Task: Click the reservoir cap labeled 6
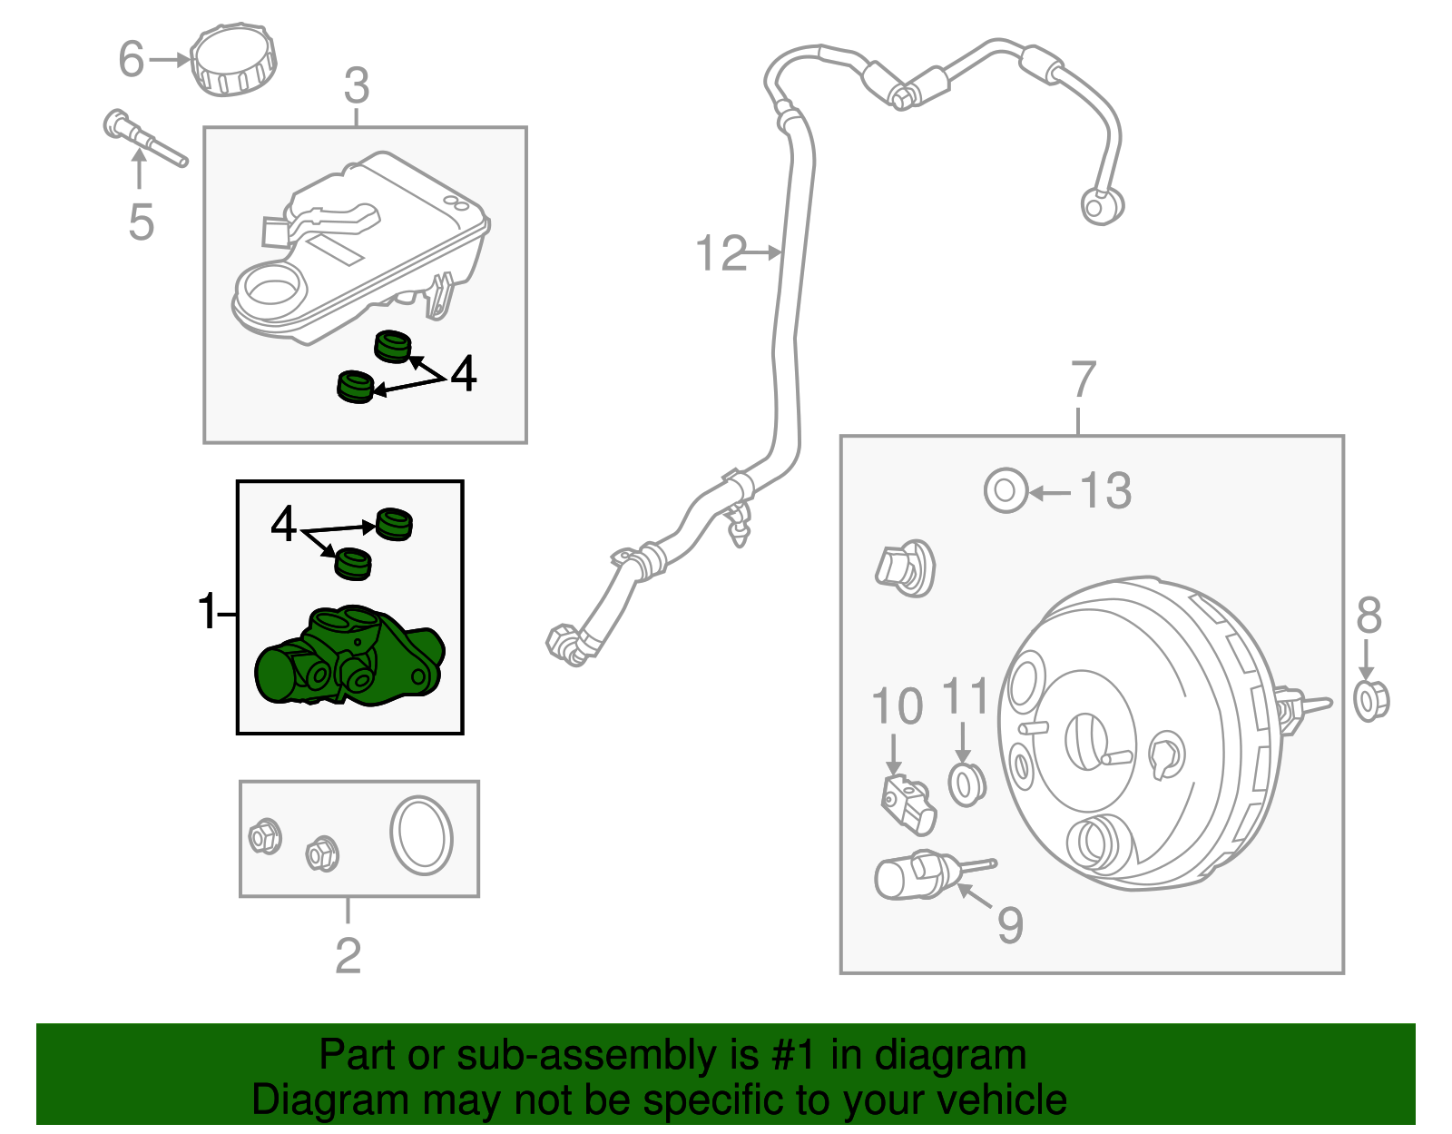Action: (234, 61)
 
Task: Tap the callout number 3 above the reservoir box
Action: (357, 86)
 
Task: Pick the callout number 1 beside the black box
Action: (208, 611)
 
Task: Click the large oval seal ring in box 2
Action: (421, 836)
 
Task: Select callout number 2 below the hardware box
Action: (348, 955)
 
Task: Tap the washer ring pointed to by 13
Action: (1006, 491)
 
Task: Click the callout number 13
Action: (1105, 491)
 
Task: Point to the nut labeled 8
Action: (1371, 700)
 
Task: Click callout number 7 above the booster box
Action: (1084, 380)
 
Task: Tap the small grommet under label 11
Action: (966, 784)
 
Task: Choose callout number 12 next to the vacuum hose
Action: (721, 253)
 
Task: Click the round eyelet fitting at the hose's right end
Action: (1101, 206)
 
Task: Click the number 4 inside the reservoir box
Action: (463, 373)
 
